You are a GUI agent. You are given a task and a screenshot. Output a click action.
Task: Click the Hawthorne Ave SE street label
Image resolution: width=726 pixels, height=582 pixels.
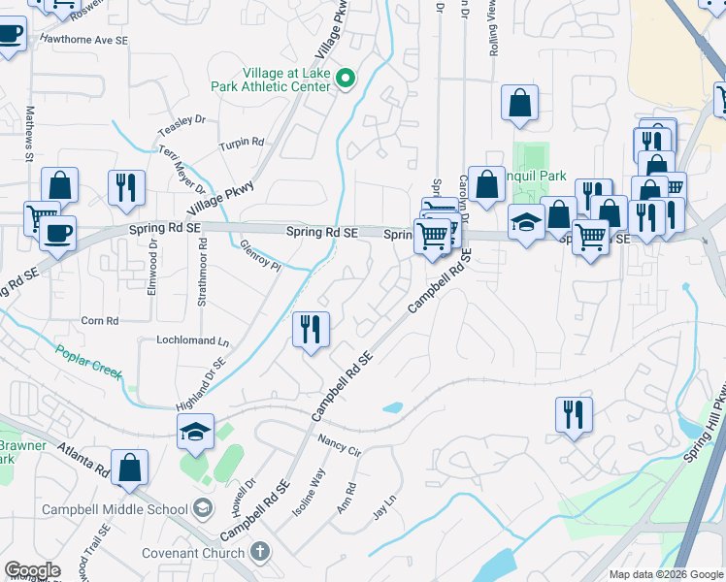click(83, 41)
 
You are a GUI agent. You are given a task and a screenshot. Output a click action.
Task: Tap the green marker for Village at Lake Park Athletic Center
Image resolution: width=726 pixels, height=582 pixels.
click(345, 78)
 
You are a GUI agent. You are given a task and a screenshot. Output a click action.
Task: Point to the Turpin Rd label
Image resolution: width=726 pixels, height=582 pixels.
click(242, 143)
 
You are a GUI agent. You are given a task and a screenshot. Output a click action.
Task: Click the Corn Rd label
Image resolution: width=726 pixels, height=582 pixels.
click(99, 320)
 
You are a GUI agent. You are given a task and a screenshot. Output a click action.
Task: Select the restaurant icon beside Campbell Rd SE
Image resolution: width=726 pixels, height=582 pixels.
click(311, 330)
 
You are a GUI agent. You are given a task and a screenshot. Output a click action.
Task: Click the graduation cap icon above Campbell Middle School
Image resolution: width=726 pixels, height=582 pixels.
click(195, 433)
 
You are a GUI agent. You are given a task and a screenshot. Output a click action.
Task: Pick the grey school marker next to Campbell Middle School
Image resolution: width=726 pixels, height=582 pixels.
click(202, 507)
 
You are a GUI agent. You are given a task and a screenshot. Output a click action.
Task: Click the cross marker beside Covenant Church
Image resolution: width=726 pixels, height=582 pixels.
click(258, 551)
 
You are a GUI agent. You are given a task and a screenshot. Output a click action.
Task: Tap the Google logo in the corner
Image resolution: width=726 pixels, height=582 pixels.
click(32, 570)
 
